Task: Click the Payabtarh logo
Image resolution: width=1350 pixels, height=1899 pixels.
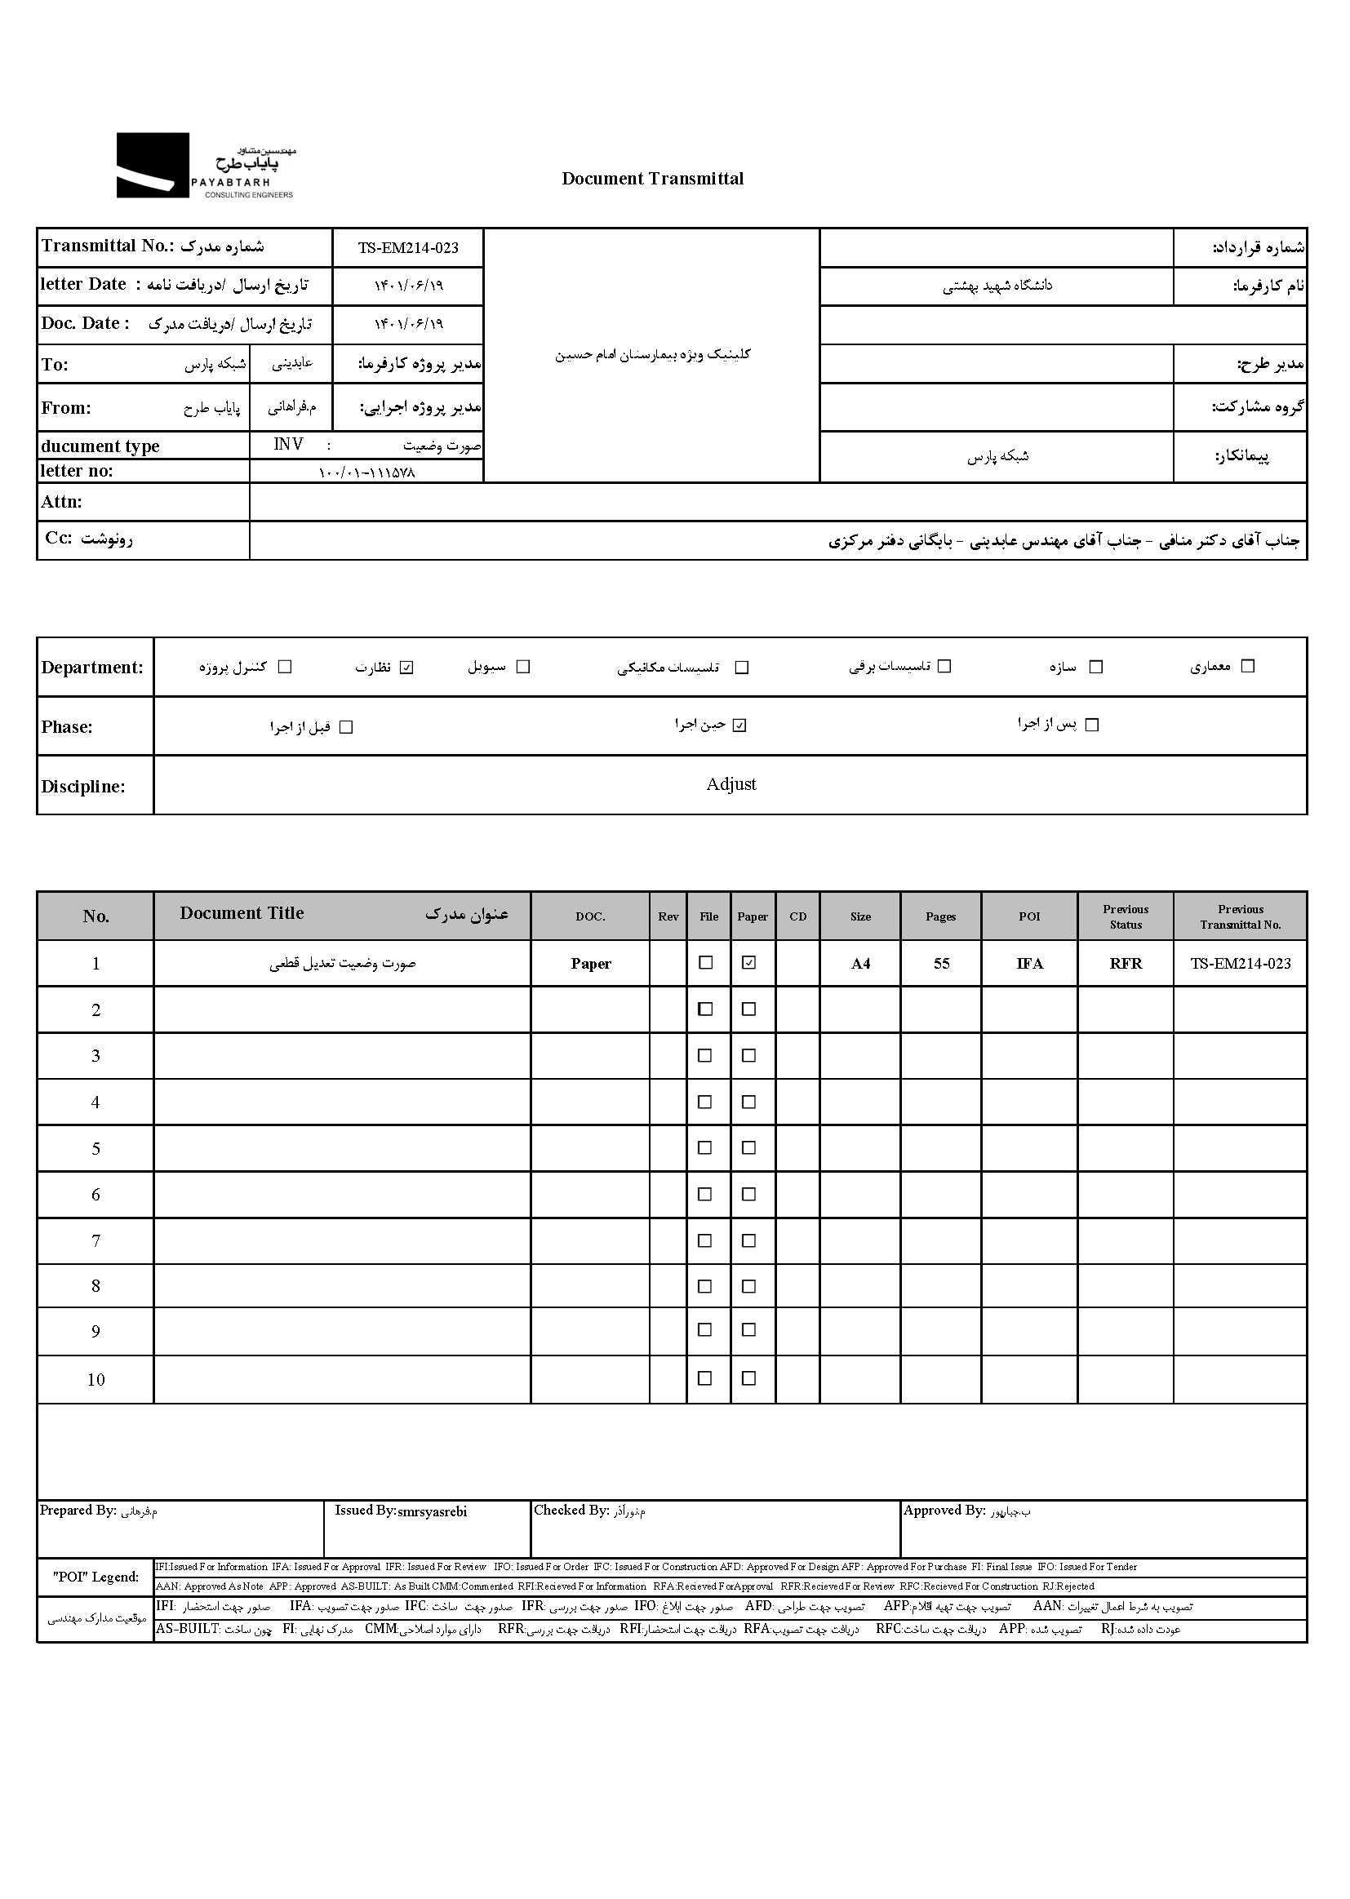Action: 206,166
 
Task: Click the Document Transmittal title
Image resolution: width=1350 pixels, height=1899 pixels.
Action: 653,179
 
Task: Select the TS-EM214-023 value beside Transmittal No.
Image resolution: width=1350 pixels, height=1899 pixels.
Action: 407,247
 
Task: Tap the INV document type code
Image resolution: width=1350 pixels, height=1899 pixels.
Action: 288,445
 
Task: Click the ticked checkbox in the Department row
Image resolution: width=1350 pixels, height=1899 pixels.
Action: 406,668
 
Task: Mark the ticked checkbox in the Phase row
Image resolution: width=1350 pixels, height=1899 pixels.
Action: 739,725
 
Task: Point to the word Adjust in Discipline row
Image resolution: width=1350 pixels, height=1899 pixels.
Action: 731,784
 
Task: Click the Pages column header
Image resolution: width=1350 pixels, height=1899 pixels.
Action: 940,916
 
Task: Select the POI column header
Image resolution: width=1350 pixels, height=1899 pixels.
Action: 1029,916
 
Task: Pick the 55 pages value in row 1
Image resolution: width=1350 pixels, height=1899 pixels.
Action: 941,964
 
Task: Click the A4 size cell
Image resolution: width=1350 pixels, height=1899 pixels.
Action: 860,964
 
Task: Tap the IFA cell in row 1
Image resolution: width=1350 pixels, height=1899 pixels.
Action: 1029,964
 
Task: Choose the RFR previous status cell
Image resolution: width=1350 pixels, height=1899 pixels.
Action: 1126,964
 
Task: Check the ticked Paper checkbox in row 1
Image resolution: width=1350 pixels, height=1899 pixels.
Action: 749,962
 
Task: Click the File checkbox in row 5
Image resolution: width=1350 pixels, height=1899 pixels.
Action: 705,1147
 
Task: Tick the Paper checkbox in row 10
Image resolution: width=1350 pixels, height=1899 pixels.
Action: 749,1378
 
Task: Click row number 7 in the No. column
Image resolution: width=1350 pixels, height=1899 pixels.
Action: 95,1240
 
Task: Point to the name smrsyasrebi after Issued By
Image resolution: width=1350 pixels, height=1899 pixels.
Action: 433,1511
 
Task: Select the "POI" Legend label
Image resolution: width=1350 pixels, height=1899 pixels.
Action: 95,1577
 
